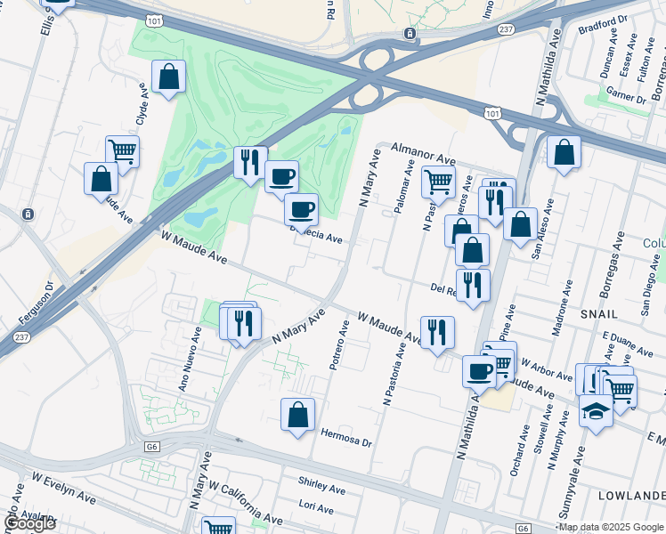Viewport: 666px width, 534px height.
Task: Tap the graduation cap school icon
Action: (x=595, y=411)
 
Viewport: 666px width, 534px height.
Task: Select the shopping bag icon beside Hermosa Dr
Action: (x=297, y=414)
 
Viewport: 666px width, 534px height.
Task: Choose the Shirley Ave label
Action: (x=322, y=489)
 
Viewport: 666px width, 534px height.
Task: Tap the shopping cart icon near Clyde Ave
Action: (x=122, y=150)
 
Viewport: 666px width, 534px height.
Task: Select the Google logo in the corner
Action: (x=29, y=523)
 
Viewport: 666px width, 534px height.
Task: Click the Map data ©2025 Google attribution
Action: (x=611, y=527)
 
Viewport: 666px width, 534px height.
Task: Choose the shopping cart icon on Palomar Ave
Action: (x=437, y=182)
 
